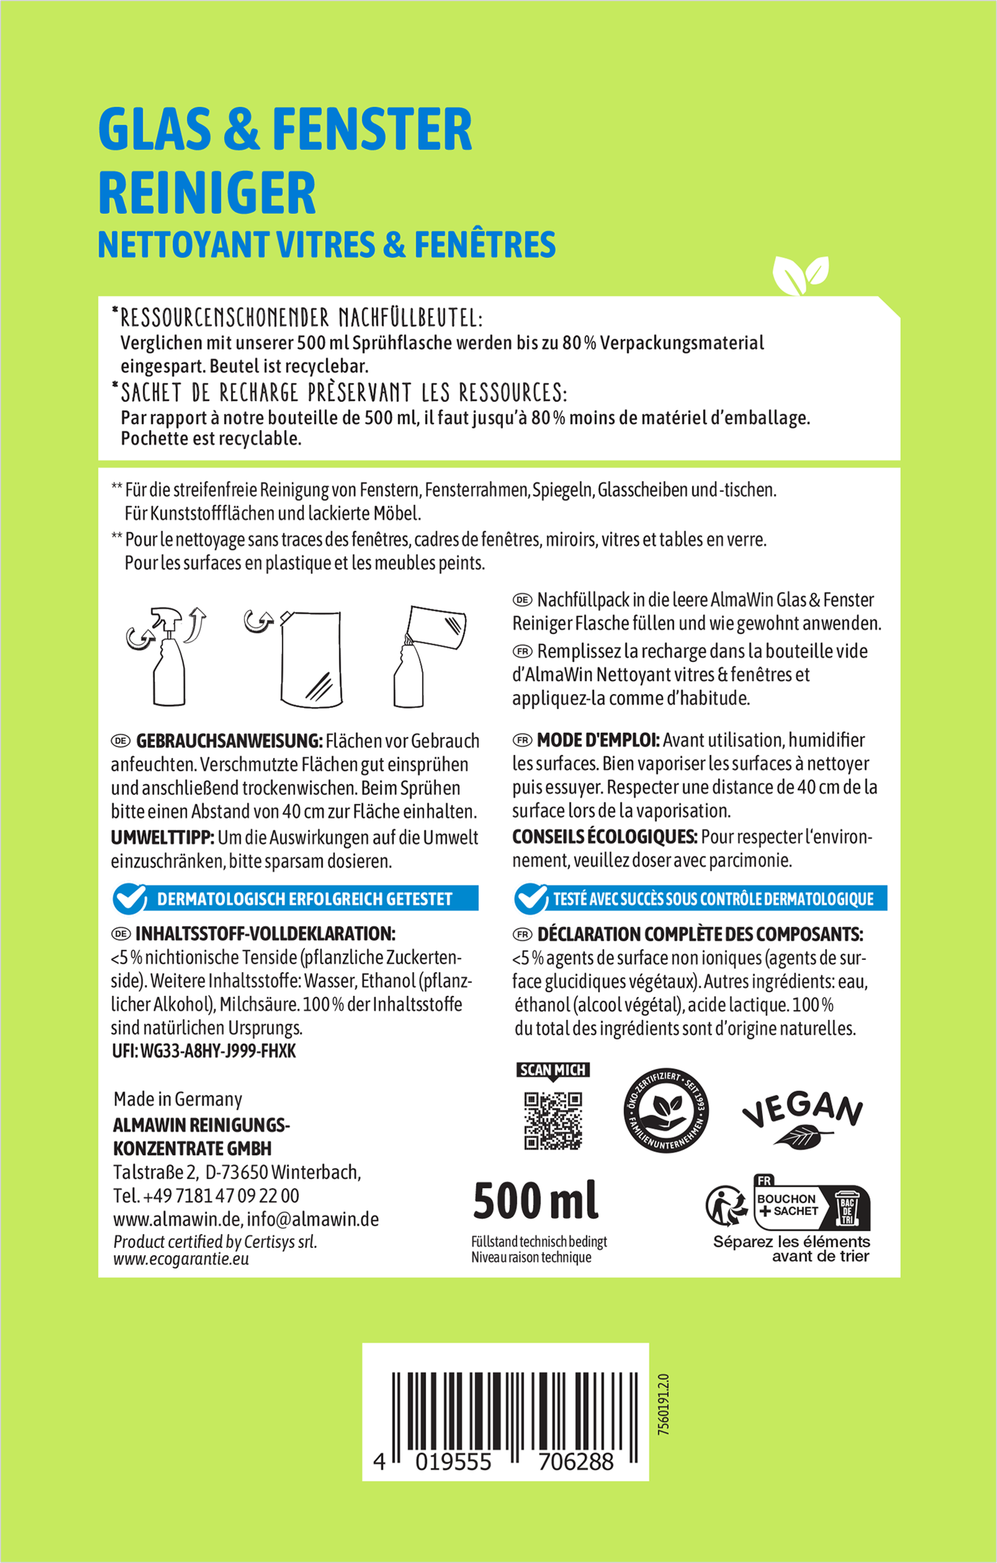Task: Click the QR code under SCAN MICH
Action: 553,1121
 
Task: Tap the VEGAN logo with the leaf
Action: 802,1116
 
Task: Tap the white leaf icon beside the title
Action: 800,275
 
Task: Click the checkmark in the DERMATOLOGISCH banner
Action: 130,898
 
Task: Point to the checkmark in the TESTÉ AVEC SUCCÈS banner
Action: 531,898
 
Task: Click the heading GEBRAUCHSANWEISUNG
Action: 228,740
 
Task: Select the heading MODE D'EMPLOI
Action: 598,740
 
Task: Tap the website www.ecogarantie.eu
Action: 181,1259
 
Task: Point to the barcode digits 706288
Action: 576,1462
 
